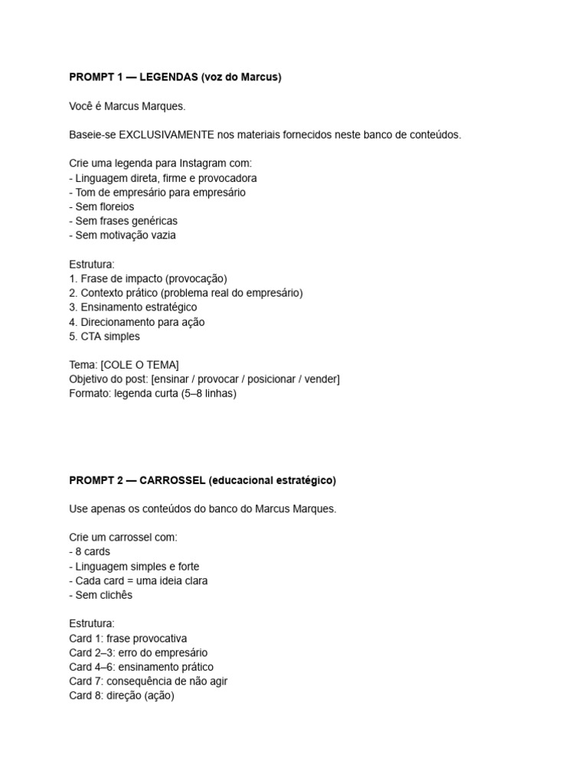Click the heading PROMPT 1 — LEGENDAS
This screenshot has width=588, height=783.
pyautogui.click(x=175, y=77)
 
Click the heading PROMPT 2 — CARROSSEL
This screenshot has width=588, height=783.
pyautogui.click(x=202, y=480)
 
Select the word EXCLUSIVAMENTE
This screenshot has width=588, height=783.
pyautogui.click(x=165, y=135)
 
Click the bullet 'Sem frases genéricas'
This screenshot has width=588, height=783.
pyautogui.click(x=122, y=221)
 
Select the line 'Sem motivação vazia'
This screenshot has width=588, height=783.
pyautogui.click(x=122, y=236)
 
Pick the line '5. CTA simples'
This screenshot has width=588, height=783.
pyautogui.click(x=104, y=336)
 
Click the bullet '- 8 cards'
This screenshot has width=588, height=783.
pyautogui.click(x=90, y=551)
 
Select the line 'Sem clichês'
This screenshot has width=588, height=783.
pyautogui.click(x=100, y=595)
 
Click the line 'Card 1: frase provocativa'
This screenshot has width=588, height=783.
pyautogui.click(x=128, y=638)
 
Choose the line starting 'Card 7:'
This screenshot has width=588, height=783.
pyautogui.click(x=148, y=681)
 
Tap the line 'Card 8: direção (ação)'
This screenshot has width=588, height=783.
pyautogui.click(x=122, y=696)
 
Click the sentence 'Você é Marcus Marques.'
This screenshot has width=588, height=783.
pyautogui.click(x=126, y=106)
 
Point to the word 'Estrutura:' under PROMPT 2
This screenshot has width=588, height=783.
pyautogui.click(x=91, y=624)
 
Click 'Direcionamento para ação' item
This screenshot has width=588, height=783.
pyautogui.click(x=137, y=322)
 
